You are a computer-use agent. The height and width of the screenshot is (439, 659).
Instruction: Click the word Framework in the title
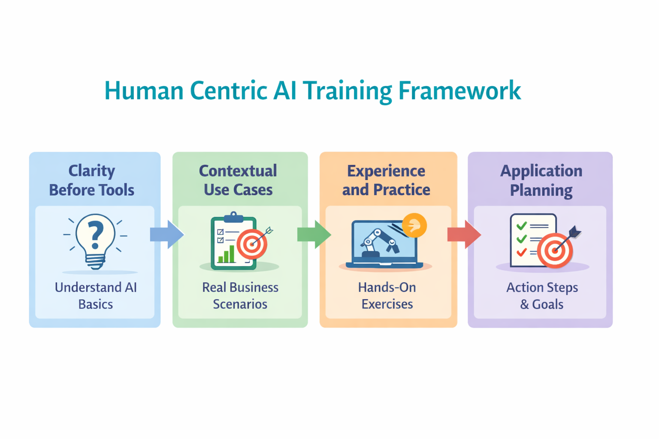tap(459, 91)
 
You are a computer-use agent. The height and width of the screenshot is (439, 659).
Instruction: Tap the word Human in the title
tap(144, 91)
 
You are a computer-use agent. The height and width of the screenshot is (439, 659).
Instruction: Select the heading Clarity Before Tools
tap(92, 180)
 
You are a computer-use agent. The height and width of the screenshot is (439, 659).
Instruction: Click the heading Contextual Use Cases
tap(238, 180)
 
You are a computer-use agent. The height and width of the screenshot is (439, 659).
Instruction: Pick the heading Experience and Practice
tap(386, 180)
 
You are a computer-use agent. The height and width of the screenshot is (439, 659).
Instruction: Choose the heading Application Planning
tap(541, 180)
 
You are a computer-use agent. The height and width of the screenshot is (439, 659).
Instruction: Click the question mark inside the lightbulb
tap(96, 234)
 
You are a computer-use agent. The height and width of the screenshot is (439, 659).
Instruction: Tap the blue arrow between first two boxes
tap(167, 235)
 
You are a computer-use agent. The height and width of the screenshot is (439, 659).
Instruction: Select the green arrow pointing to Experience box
tap(314, 235)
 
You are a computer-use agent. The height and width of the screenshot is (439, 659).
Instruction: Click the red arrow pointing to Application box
tap(464, 235)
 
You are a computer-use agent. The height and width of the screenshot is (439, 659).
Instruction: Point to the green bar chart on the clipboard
tap(227, 255)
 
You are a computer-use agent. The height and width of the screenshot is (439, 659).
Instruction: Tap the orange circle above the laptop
tap(414, 225)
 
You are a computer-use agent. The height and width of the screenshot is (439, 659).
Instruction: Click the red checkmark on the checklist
tap(522, 252)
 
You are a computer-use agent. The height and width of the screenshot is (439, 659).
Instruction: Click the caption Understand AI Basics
tap(96, 295)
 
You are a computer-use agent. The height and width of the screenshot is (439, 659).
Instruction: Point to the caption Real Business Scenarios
tap(240, 295)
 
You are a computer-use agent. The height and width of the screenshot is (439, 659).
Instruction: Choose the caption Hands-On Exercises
tap(387, 295)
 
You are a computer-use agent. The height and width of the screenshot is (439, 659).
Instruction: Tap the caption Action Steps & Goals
tap(542, 295)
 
